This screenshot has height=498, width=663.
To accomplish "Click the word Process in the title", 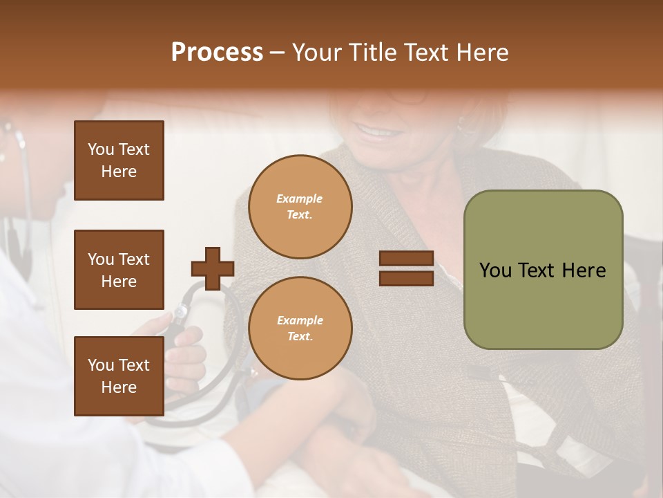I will click(x=217, y=53).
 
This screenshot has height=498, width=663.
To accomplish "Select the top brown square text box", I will click(x=119, y=160).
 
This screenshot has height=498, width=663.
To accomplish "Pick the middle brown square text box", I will click(x=119, y=270).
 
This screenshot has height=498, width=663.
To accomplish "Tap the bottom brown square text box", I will click(x=119, y=376).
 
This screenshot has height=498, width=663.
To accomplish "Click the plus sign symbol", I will click(x=213, y=268).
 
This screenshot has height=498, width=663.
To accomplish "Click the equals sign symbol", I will click(x=406, y=268).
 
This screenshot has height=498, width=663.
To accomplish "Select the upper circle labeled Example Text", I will click(x=300, y=207).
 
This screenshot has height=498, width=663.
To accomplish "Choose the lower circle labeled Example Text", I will click(x=300, y=329).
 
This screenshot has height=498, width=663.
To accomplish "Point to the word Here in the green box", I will click(x=584, y=270).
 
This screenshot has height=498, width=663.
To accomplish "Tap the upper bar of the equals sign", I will click(x=406, y=259).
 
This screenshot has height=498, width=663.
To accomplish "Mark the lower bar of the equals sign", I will click(x=406, y=278).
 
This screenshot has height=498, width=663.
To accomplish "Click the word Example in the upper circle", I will click(x=300, y=199).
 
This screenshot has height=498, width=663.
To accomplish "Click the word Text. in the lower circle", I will click(x=300, y=337).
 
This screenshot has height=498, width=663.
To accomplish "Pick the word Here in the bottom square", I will click(x=119, y=387).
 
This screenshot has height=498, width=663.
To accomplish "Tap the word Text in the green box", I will click(x=541, y=270).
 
